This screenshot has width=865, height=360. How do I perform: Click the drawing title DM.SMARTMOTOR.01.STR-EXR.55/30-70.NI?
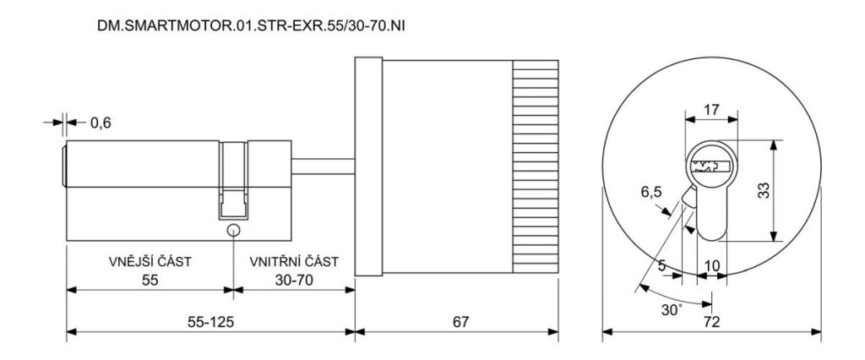[251, 26]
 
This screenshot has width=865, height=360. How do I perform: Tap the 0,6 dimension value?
[101, 123]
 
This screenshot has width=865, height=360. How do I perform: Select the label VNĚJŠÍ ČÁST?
[150, 262]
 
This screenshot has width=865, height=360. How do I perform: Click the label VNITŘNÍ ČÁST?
[294, 262]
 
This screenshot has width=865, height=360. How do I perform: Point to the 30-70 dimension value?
[294, 280]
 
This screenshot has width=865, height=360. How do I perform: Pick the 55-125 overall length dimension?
[210, 323]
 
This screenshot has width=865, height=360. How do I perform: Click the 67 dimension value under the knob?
[460, 323]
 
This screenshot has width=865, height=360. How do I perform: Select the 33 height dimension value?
[763, 191]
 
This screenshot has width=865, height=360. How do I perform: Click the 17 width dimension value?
[711, 110]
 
